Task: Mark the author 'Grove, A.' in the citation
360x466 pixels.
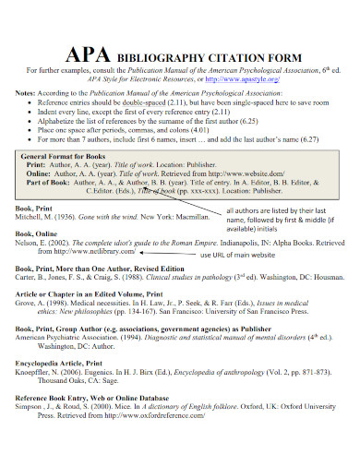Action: pos(34,302)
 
